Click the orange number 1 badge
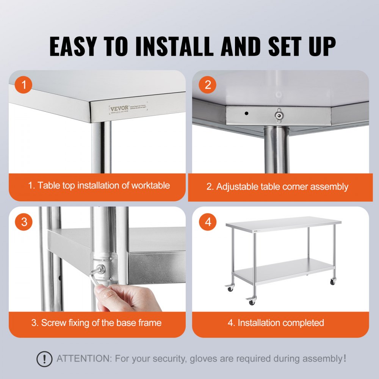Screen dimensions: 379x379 click(24, 85)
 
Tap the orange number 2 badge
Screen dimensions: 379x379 click(208, 85)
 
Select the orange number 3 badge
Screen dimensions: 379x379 click(24, 222)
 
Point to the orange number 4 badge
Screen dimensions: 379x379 click(208, 222)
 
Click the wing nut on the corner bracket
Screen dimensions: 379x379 click(280, 116)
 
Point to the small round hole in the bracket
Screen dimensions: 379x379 click(246, 113)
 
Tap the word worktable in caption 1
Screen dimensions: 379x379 click(150, 185)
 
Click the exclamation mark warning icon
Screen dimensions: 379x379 click(44, 359)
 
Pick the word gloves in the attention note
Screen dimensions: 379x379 click(206, 359)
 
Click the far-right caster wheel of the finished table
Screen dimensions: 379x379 click(332, 282)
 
